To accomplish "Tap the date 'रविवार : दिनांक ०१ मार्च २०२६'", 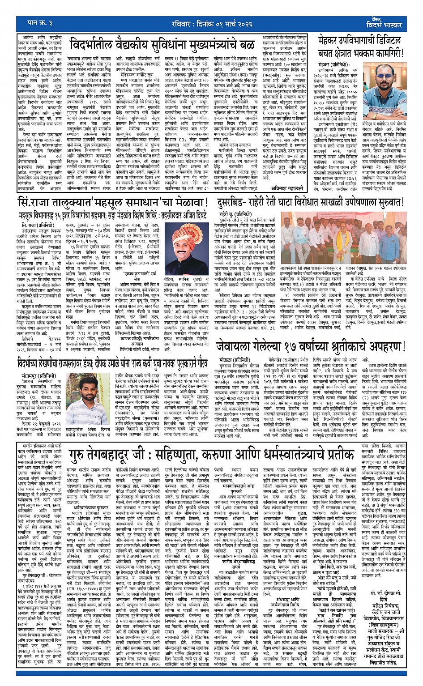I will click(210, 24).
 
